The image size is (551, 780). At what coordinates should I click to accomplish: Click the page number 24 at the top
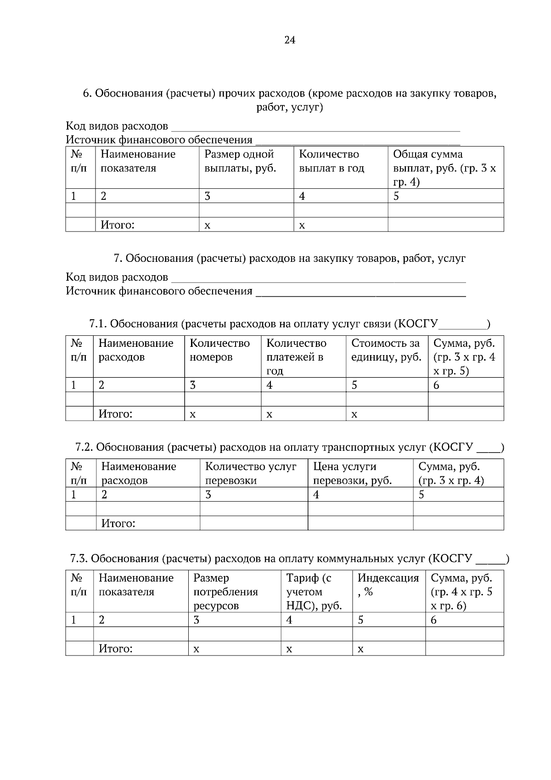pos(290,40)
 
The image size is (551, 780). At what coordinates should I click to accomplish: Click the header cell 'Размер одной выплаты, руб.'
pos(240,161)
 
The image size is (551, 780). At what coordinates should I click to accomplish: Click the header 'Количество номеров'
pos(219,350)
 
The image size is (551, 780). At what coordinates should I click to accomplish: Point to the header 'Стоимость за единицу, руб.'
pos(386,350)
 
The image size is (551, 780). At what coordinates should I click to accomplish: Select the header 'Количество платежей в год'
pos(296,357)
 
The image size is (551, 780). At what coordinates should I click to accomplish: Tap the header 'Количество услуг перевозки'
pos(251,473)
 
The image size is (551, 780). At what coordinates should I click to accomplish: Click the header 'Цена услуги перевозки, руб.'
pos(352,473)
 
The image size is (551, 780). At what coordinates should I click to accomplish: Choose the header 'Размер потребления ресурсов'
pos(225,592)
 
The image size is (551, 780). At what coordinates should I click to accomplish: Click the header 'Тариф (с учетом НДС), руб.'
pos(314,592)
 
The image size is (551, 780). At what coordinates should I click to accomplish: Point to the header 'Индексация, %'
pos(388,584)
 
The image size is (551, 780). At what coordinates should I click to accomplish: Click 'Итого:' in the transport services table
pos(118,523)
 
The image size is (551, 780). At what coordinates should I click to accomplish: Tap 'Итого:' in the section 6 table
pos(118,225)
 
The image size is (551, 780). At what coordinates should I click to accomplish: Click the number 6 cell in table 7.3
pos(434,620)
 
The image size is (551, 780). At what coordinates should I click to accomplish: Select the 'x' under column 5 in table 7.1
pos(354,414)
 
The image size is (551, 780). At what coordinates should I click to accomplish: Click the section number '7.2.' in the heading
pos(84,447)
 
